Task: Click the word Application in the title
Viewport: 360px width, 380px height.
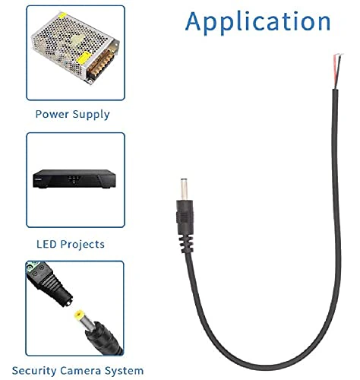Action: coord(257,22)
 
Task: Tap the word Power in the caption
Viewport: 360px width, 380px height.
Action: coord(52,114)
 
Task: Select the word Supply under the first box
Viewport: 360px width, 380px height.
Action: coord(91,115)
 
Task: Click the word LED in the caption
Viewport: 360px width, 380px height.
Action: coord(46,244)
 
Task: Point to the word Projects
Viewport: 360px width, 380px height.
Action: coord(83,245)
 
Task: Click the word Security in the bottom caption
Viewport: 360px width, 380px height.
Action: coord(34,371)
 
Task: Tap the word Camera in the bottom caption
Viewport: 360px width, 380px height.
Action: coord(81,371)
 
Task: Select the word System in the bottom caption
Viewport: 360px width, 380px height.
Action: coord(125,372)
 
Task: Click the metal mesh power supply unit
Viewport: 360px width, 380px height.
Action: coord(75,47)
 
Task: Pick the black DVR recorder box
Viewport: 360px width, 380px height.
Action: coord(74,179)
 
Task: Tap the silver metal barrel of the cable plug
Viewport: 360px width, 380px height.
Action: coord(185,189)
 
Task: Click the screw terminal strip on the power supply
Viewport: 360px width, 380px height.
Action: coord(101,65)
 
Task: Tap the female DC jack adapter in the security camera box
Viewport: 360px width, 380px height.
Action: coord(49,283)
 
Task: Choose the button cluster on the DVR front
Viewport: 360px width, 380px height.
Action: coord(74,179)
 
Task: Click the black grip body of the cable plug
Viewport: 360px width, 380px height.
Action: coord(185,217)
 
